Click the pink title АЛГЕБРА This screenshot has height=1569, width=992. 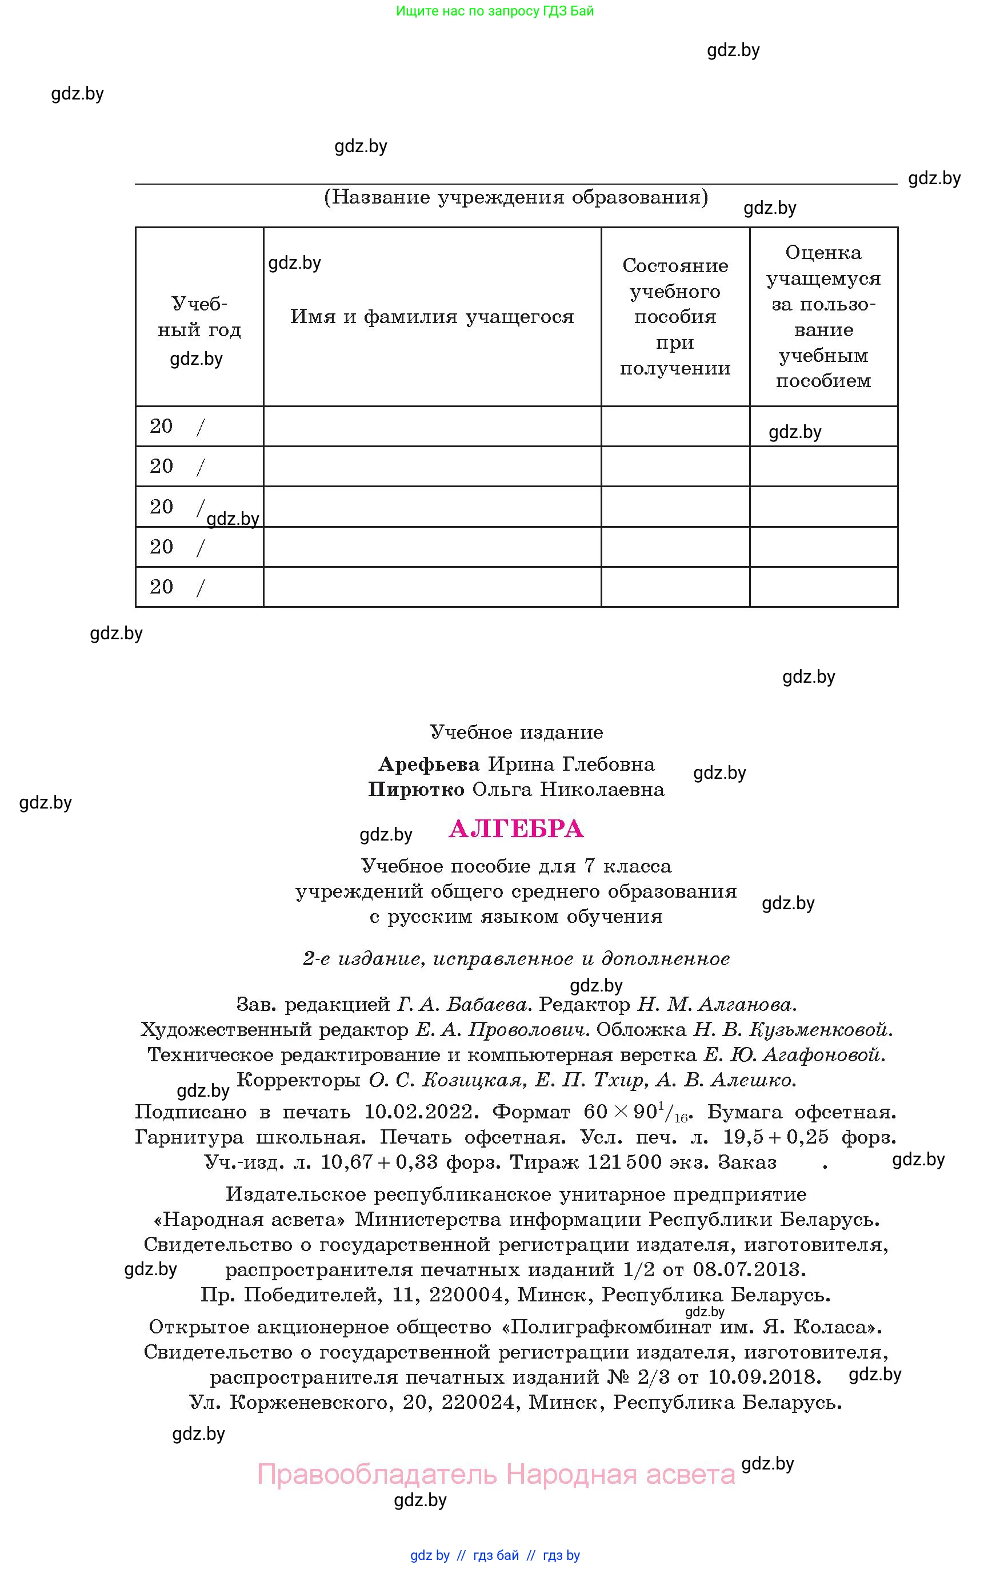click(x=516, y=829)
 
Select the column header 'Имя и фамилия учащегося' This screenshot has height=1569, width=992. click(x=432, y=317)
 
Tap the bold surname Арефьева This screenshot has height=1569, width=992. click(x=429, y=764)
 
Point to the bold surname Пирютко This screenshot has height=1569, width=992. click(x=415, y=790)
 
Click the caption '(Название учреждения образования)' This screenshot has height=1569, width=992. click(x=516, y=197)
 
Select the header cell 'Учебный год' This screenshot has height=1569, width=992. click(x=199, y=317)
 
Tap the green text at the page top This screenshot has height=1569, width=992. click(x=495, y=11)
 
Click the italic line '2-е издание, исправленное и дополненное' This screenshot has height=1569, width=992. click(x=516, y=958)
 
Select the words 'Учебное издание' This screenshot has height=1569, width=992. click(x=516, y=732)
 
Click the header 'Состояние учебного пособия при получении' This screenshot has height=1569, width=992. click(x=675, y=317)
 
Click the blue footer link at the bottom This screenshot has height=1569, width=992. click(x=495, y=1555)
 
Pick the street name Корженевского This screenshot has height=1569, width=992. click(x=309, y=1402)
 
